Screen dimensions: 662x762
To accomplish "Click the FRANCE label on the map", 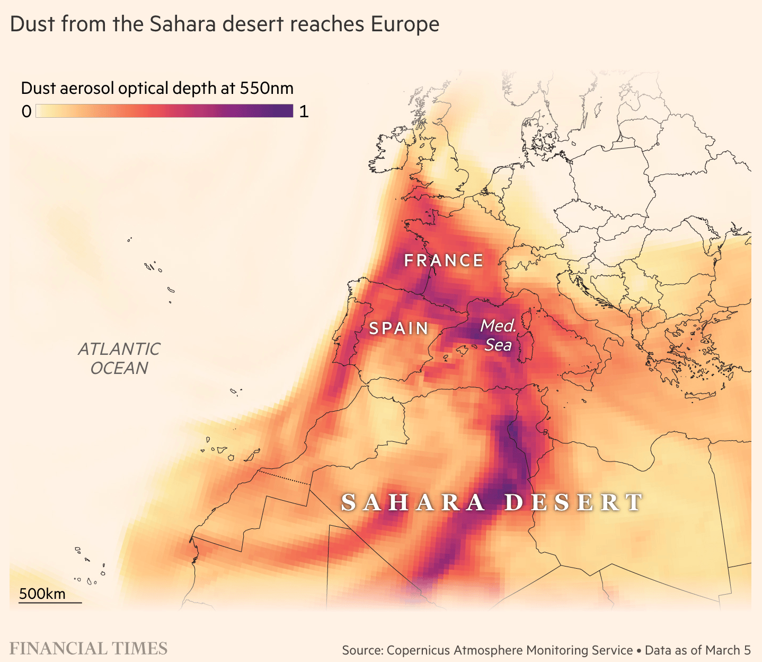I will [x=444, y=260].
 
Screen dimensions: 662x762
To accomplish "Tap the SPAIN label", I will [x=398, y=328].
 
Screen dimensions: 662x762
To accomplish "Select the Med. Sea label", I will [x=498, y=335].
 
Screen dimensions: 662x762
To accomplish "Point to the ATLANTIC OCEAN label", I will [x=119, y=359].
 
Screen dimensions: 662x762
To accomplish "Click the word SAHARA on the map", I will [x=413, y=502].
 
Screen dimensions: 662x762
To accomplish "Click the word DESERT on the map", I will [x=574, y=502].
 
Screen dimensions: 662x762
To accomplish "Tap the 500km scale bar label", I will [x=42, y=594].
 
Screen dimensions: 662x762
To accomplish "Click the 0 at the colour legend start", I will [x=26, y=111].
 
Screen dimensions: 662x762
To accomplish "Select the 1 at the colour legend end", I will [x=304, y=111].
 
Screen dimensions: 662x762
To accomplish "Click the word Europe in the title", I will [x=405, y=24].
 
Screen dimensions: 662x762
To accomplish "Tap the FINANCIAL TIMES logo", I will [x=88, y=649].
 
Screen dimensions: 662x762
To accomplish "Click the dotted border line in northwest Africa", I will [x=285, y=477].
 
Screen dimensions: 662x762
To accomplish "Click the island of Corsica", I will [x=527, y=320].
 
